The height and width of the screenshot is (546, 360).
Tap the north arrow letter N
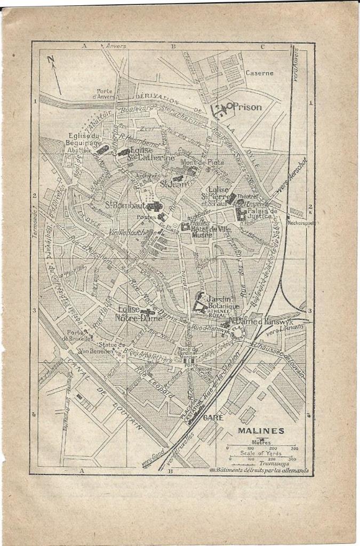51,60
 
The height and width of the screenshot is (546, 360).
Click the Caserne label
259,73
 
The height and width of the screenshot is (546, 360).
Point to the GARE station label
214,417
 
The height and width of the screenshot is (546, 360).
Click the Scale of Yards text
261,453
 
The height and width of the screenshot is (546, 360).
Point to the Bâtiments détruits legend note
261,470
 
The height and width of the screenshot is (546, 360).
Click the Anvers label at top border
116,46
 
